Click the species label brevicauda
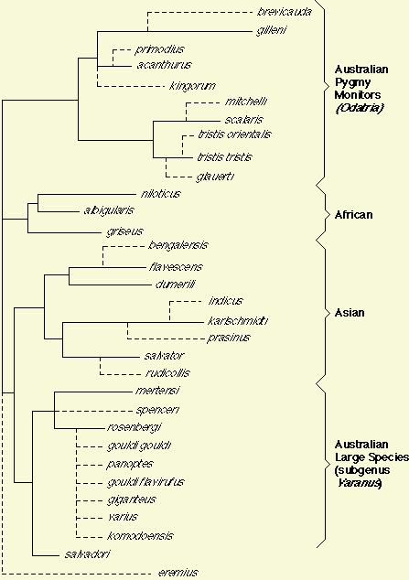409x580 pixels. click(x=285, y=12)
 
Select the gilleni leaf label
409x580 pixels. click(x=272, y=30)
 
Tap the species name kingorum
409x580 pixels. click(x=192, y=86)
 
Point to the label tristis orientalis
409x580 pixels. click(x=234, y=134)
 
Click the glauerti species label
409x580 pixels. click(x=215, y=177)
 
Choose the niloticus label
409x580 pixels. click(x=160, y=193)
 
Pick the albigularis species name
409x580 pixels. click(x=109, y=210)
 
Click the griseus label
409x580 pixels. click(x=124, y=231)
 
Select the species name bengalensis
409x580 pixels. click(x=178, y=245)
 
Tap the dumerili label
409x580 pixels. click(x=175, y=285)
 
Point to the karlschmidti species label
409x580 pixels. click(x=237, y=320)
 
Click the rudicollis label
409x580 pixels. click(x=167, y=372)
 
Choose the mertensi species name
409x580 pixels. click(x=157, y=391)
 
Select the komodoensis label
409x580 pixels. click(x=140, y=535)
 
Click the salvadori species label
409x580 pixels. click(x=87, y=554)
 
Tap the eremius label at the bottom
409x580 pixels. click(x=178, y=573)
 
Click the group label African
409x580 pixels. click(x=353, y=215)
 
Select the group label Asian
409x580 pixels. click(x=350, y=313)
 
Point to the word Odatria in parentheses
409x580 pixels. click(x=360, y=108)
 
